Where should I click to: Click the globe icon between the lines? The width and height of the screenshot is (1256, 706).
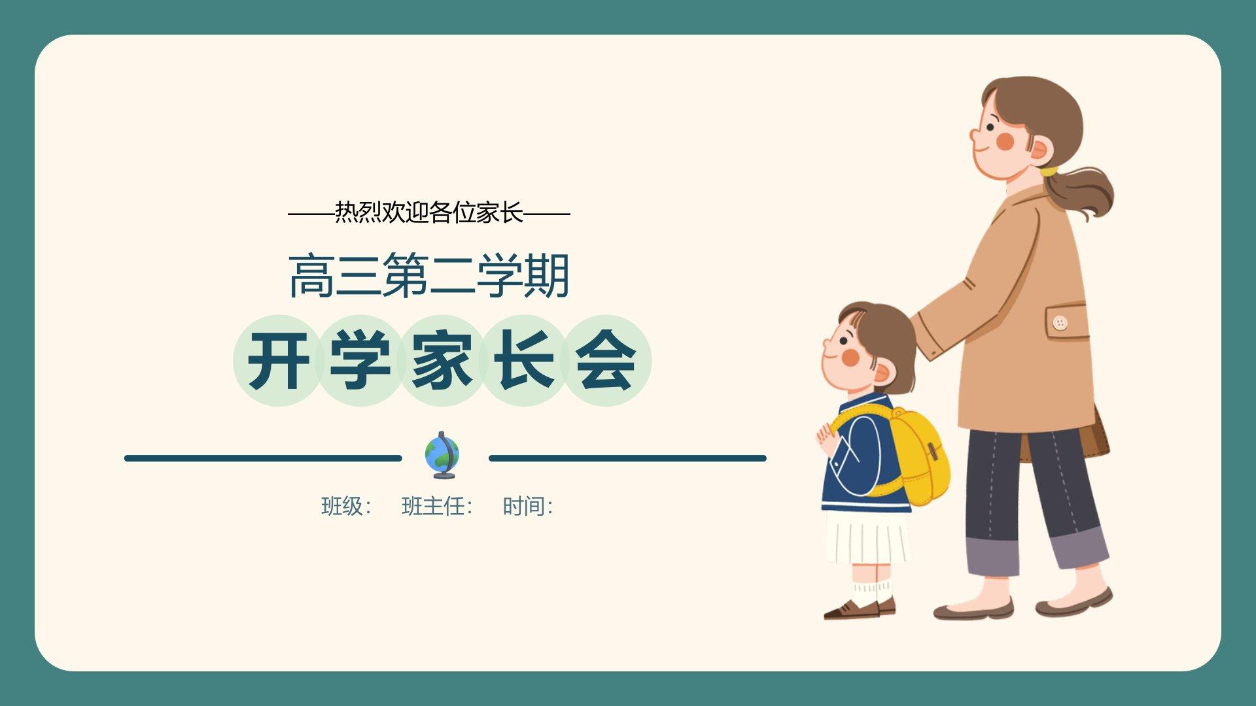(442, 455)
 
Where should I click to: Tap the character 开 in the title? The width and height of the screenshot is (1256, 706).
(279, 361)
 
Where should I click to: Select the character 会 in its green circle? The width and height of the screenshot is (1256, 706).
(606, 361)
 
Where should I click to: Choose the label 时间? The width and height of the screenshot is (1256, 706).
(528, 506)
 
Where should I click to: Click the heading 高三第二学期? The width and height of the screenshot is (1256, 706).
(429, 276)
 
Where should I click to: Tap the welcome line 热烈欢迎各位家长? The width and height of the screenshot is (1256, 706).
(429, 212)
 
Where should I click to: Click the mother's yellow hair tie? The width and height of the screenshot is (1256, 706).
(1049, 171)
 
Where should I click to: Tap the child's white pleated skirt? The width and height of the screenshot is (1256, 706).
(868, 537)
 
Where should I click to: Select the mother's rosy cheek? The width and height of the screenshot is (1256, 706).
(1004, 141)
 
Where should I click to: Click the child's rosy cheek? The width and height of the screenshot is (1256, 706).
(850, 357)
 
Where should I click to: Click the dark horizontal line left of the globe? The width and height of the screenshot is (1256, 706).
(263, 458)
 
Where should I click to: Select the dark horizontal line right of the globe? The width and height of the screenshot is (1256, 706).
(627, 458)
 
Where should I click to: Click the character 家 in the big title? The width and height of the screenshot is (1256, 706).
(442, 361)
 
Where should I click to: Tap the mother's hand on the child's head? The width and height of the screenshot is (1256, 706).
(924, 338)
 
